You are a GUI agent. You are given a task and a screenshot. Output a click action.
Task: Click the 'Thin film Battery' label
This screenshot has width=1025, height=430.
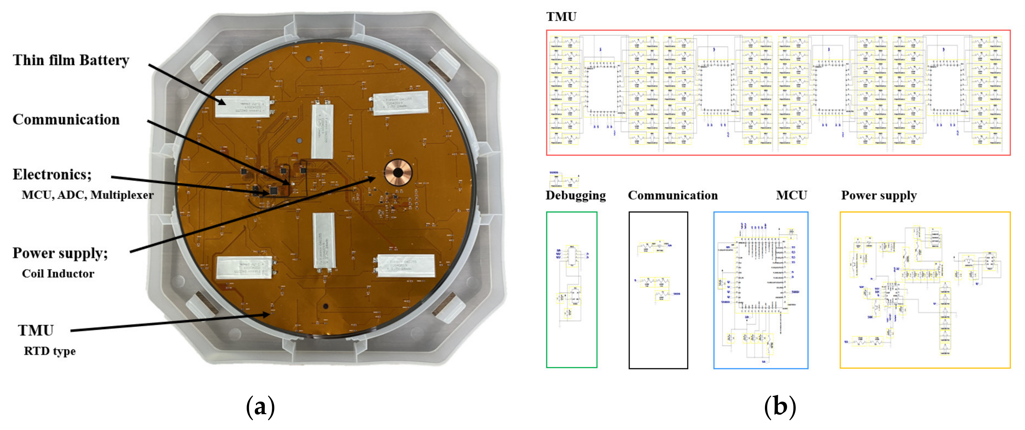coord(71,60)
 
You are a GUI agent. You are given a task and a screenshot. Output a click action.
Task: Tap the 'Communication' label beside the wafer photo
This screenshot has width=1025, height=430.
coord(66,120)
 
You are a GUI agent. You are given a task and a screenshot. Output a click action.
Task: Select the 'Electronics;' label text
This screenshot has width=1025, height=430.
coord(52,174)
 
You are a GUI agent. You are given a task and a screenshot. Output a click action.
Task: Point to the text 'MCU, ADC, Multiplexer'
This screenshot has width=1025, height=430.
coord(88,195)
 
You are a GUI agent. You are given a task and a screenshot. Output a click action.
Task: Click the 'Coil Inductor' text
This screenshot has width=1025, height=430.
coord(58,273)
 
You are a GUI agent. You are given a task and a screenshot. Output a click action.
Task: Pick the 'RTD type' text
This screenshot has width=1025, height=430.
coord(50,351)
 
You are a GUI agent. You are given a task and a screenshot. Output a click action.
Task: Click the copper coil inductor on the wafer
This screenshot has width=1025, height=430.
coord(398,173)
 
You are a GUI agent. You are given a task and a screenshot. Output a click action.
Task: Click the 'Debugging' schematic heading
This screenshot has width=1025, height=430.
coord(576,196)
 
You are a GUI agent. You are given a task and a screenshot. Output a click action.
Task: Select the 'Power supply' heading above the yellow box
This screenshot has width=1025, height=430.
coord(879,196)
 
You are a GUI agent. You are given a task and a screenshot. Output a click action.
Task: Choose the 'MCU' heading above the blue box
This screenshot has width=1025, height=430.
coord(791,196)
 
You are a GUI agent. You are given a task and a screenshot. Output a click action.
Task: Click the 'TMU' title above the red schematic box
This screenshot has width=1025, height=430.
coord(561,17)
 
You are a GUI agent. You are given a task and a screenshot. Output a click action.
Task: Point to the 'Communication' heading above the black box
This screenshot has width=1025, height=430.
coord(673,196)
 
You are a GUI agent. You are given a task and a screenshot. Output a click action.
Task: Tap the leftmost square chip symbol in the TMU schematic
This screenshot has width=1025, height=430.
coord(602,89)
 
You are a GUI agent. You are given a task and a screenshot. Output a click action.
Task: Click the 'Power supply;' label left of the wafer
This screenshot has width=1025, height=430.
coord(60,253)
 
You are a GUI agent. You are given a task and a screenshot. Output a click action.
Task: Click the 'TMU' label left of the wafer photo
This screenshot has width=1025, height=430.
coord(36,330)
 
